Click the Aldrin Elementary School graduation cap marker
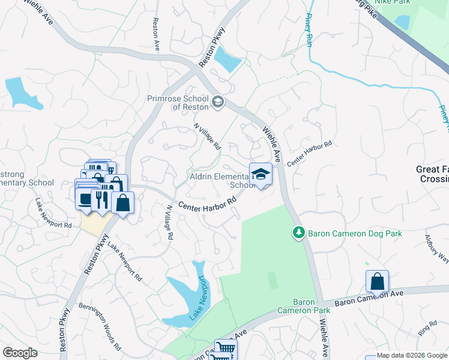[x=260, y=175]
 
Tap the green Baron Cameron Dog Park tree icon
[x=297, y=232]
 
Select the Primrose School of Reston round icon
[x=217, y=102]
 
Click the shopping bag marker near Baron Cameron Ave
[x=378, y=281]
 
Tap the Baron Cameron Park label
[x=304, y=306]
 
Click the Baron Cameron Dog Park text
[x=354, y=233]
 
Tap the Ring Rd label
[x=429, y=328]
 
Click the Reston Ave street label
[x=156, y=34]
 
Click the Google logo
[x=20, y=353]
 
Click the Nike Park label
[x=390, y=2]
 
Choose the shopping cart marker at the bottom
[x=225, y=349]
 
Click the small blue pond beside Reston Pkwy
[x=227, y=59]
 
